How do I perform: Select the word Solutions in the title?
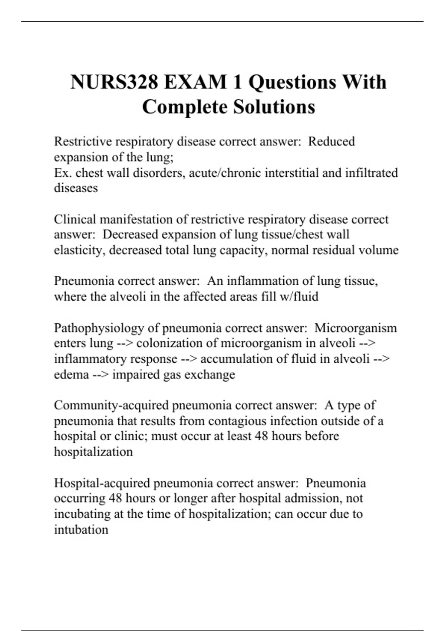coord(274,107)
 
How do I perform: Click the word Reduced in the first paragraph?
coord(332,141)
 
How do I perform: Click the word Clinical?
coord(75,219)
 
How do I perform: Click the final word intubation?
coord(81,530)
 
